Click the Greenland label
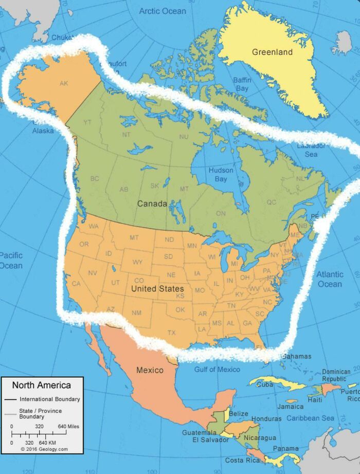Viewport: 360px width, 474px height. pos(272,52)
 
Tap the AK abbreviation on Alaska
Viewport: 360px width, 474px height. pos(64,83)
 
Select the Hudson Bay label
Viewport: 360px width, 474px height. pos(221,174)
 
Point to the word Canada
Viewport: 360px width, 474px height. pos(152,204)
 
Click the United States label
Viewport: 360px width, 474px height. pos(157,288)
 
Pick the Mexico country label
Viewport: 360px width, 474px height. pos(150,370)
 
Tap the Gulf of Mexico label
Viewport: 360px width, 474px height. pos(217,370)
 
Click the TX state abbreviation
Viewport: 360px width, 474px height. pos(171,332)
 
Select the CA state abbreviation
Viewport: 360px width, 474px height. pos(76,283)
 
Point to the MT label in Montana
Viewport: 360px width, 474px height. pos(134,238)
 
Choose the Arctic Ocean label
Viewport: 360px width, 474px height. pos(163,11)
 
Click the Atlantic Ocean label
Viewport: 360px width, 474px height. pos(329,279)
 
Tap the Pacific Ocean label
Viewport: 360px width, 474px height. pos(11,261)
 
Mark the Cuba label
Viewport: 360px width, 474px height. pos(265,384)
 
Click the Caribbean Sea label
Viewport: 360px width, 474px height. pos(310,418)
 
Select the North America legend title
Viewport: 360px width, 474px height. pos(41,385)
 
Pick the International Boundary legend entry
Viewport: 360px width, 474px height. pos(50,399)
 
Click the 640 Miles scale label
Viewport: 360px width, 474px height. pos(68,427)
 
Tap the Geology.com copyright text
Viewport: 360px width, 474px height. pos(44,449)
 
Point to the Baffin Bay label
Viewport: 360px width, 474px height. pos(242,84)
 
